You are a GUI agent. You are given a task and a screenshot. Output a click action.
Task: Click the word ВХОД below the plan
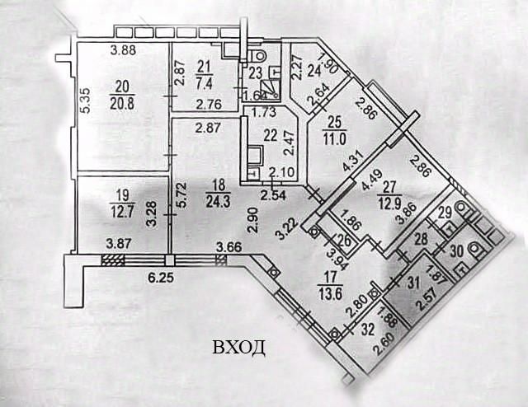239,347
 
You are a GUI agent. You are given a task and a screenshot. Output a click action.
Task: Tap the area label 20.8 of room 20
123,101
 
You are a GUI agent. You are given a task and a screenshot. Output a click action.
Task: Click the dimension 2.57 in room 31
427,300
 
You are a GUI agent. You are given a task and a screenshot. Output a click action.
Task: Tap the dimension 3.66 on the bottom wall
229,246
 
